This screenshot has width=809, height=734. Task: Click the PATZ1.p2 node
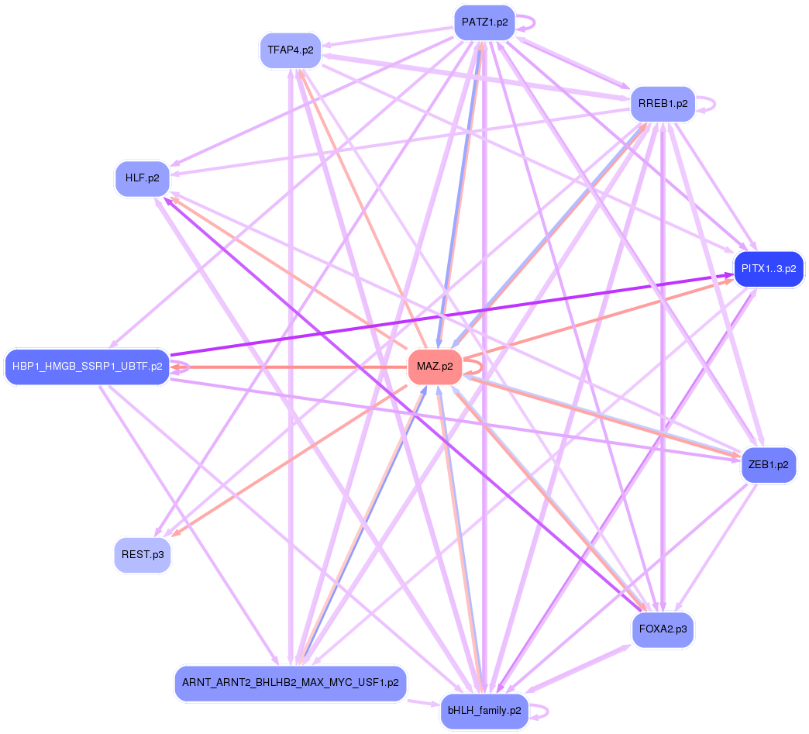tap(484, 22)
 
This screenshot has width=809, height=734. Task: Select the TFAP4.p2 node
tap(290, 50)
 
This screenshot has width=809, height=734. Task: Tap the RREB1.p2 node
tap(663, 103)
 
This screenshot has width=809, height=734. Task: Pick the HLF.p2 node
tap(143, 178)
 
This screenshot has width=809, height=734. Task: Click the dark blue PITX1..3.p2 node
tap(768, 269)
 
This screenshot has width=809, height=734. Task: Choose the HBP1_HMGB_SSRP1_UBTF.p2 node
tap(87, 367)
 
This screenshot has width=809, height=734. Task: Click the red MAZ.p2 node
tap(434, 367)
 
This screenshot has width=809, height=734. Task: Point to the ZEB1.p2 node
tap(769, 465)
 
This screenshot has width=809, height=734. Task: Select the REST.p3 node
tap(142, 555)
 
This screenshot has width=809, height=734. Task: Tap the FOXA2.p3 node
tap(663, 629)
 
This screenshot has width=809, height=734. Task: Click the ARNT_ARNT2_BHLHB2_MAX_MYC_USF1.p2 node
tap(290, 683)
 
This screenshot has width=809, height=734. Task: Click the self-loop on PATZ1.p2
tap(533, 22)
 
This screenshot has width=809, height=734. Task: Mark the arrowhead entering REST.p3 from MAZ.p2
tap(174, 534)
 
